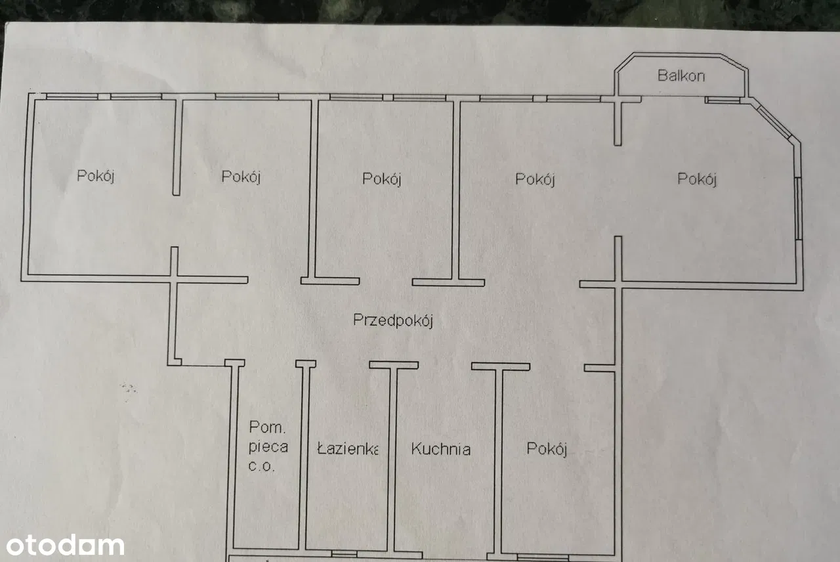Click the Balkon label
click(x=681, y=76)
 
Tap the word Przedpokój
click(x=393, y=320)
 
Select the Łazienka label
click(x=347, y=450)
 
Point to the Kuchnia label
click(x=440, y=450)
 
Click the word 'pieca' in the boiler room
click(x=268, y=448)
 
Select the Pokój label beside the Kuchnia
click(x=547, y=449)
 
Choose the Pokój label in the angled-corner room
click(x=696, y=179)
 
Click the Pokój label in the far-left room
click(x=96, y=176)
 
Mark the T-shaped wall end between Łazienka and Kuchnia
click(x=393, y=365)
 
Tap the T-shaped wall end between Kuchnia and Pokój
click(x=500, y=367)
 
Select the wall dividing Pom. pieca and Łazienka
click(x=303, y=460)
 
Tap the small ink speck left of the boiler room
click(x=127, y=387)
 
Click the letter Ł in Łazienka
click(x=321, y=450)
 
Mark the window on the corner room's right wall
click(x=798, y=209)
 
